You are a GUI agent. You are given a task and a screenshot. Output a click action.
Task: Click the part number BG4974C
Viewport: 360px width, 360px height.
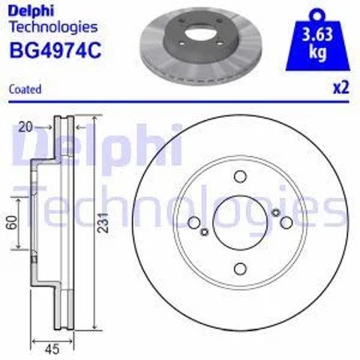click(55, 50)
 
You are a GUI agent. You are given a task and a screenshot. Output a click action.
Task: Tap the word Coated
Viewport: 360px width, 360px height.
click(25, 89)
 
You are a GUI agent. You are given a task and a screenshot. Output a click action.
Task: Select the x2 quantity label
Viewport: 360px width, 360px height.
click(340, 88)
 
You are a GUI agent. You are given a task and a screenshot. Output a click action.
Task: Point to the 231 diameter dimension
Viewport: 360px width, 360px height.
click(103, 223)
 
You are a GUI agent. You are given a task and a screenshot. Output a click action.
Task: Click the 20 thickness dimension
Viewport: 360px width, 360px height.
click(25, 127)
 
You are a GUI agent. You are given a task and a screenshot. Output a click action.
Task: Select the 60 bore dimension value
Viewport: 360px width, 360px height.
click(13, 223)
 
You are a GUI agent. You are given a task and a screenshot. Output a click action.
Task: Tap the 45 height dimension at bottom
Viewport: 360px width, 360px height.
click(52, 349)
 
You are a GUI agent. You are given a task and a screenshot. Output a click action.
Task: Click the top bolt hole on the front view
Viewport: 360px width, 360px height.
click(240, 176)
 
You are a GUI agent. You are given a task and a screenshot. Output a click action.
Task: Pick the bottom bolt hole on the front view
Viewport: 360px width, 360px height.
click(240, 268)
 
